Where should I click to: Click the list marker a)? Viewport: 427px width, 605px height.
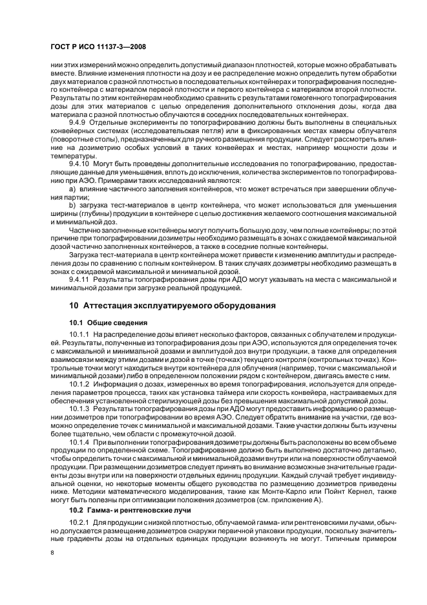tap(73, 188)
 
